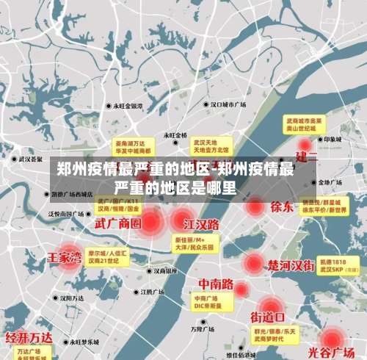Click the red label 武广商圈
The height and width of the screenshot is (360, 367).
pyautogui.click(x=117, y=223)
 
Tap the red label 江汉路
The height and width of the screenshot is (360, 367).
pyautogui.click(x=201, y=223)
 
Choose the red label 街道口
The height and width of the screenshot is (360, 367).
pyautogui.click(x=267, y=317)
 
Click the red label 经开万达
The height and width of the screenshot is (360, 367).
pyautogui.click(x=29, y=338)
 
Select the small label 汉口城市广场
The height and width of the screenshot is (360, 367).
pyautogui.click(x=228, y=104)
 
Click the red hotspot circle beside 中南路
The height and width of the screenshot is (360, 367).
pyautogui.click(x=241, y=290)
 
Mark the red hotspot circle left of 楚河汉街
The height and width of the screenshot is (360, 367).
pyautogui.click(x=253, y=262)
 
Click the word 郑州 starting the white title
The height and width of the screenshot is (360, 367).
pyautogui.click(x=73, y=170)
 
